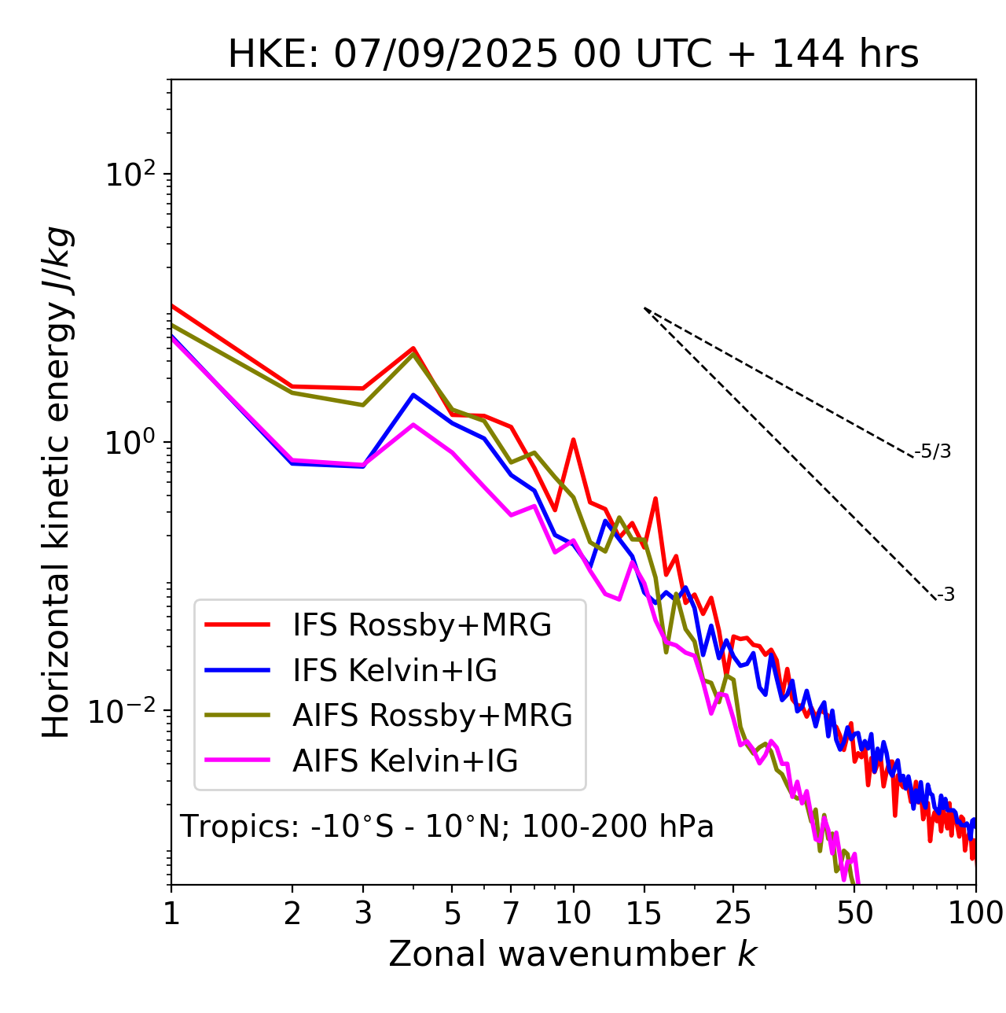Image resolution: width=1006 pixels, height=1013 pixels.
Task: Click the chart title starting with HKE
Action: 573,55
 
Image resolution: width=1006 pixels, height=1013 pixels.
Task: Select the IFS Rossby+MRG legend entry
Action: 422,625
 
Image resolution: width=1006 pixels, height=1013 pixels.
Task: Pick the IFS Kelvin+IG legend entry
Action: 395,671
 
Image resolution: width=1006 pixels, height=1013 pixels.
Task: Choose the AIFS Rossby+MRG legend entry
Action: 432,716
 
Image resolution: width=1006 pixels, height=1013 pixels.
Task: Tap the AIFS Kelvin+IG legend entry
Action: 405,761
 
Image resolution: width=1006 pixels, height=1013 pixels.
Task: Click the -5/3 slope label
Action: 933,451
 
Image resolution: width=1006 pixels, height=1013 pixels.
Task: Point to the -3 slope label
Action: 945,595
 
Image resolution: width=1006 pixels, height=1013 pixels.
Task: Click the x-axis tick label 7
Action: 511,913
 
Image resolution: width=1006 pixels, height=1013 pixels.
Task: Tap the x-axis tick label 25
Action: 733,913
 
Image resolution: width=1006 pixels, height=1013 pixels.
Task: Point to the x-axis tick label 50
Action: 855,913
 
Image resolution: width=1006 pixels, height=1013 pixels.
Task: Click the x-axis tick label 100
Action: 975,913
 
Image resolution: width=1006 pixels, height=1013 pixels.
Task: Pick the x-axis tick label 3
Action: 363,913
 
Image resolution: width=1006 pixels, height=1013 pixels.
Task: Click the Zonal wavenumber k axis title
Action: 573,954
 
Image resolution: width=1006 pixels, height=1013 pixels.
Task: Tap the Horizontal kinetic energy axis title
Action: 57,482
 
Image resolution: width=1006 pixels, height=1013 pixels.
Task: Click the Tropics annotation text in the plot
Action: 447,827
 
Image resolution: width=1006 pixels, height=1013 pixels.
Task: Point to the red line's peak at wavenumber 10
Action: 574,440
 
